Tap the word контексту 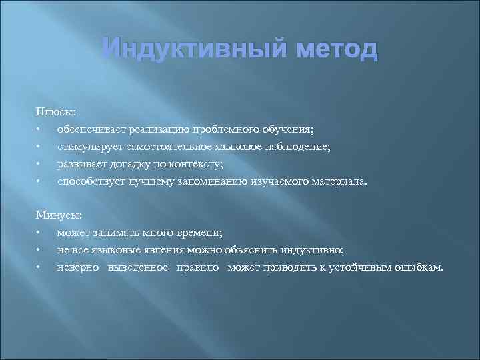(x=195, y=163)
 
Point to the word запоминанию (x=211, y=181)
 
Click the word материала (x=339, y=181)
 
